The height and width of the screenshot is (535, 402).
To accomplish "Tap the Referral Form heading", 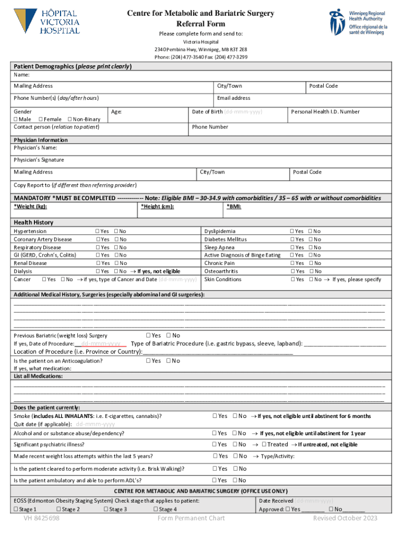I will tap(200, 24).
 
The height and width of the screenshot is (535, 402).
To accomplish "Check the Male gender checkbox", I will tap(16, 119).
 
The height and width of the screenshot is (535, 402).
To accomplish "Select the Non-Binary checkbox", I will tap(69, 119).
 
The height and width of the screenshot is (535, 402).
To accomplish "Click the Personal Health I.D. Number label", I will tap(325, 111).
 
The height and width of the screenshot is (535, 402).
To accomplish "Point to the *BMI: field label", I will tap(234, 206).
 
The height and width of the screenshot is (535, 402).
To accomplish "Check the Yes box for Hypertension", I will tap(98, 231).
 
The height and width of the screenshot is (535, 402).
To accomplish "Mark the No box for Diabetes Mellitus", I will tap(310, 239).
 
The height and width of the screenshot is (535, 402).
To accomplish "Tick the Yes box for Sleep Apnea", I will tap(292, 248).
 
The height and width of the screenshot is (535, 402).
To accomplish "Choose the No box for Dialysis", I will tap(116, 272).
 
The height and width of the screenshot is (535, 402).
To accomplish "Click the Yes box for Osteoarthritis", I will tap(292, 272).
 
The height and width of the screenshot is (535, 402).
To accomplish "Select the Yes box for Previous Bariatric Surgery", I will tap(149, 335).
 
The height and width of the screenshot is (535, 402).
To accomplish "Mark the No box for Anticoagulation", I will tap(169, 361).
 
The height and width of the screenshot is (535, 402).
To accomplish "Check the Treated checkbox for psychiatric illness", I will tap(264, 445).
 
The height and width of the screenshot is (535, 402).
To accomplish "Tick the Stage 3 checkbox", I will tap(106, 509).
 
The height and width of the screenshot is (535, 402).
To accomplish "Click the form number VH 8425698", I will tap(41, 518).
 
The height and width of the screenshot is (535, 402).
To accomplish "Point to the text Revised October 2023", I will tap(345, 518).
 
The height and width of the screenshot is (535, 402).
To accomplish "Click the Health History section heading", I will tap(33, 223).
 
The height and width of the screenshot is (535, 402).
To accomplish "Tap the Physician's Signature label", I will tap(39, 160).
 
